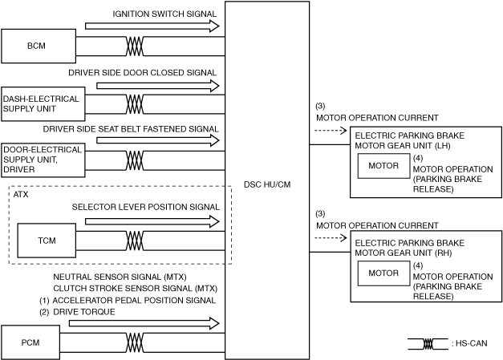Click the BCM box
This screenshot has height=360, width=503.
coord(36,46)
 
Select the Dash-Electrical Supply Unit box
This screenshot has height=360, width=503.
coord(41,104)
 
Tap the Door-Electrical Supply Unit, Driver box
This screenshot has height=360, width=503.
coord(42,160)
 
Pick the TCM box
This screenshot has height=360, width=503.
coord(47,241)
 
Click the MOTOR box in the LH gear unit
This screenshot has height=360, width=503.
coord(383,166)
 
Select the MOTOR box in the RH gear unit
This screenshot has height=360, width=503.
coord(383,273)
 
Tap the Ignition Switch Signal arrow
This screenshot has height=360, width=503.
coord(152,26)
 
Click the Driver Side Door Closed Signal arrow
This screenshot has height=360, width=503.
coord(157,84)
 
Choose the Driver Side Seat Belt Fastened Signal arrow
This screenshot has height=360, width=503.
coord(157,140)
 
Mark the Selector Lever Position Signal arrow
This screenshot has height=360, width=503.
coord(152,220)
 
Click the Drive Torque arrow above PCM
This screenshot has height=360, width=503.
coord(144,323)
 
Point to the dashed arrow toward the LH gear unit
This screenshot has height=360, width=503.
coord(331,131)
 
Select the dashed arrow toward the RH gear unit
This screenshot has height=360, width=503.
coord(331,238)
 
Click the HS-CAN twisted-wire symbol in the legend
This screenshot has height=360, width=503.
coord(428,343)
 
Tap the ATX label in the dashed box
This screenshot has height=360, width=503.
coord(22,195)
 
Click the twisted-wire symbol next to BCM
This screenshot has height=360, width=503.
coord(135,46)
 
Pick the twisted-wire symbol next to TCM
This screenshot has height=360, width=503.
coord(135,241)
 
